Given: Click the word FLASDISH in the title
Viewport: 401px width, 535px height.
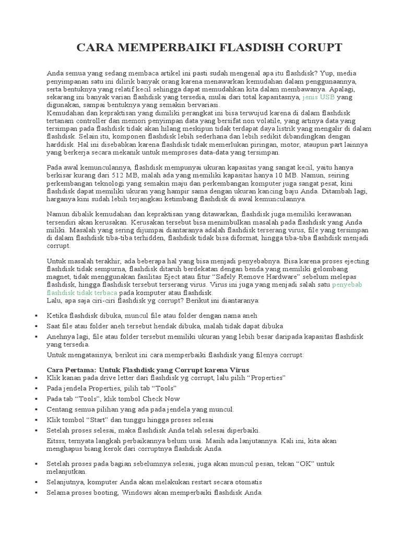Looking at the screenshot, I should (x=250, y=48).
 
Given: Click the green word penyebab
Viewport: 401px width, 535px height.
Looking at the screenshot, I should (x=348, y=285).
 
